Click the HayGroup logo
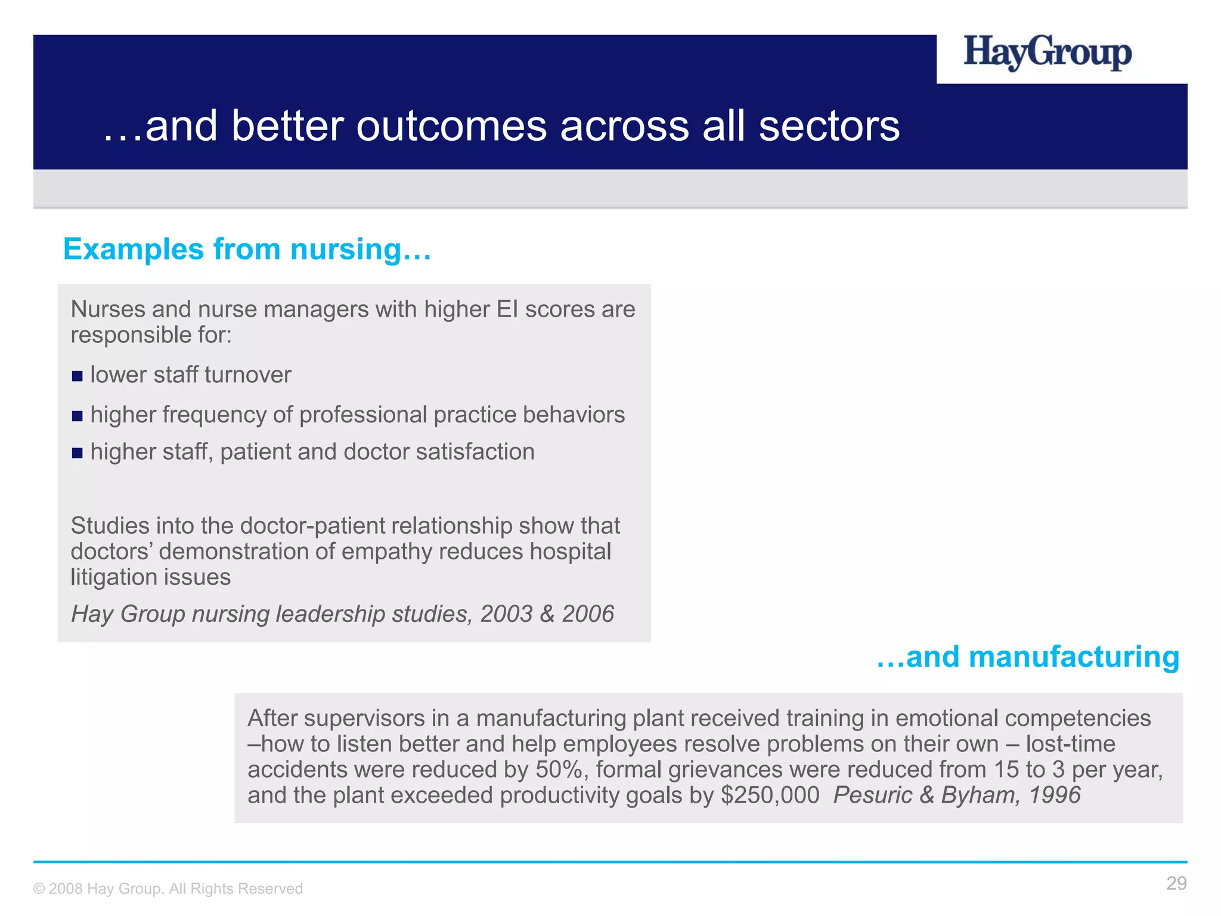click(x=1048, y=52)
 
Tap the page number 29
click(x=1176, y=883)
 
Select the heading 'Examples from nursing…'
click(x=247, y=249)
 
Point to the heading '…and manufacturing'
click(x=1028, y=657)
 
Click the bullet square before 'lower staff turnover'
click(x=77, y=376)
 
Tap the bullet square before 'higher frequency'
click(x=77, y=416)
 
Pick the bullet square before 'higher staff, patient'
click(x=77, y=453)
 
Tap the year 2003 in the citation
click(x=506, y=614)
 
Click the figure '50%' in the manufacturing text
click(x=559, y=770)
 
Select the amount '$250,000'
click(x=770, y=796)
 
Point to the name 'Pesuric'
click(x=873, y=796)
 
